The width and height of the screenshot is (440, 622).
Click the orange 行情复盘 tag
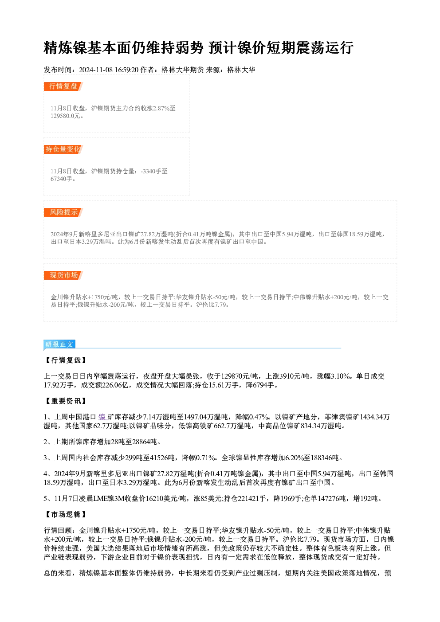(63, 86)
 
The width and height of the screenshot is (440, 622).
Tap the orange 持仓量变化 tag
(63, 149)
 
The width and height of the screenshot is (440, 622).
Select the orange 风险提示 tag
(63, 212)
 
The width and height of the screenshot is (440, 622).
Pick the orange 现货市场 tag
(63, 275)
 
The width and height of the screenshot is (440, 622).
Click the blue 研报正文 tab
(59, 344)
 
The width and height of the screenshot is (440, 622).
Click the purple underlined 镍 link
(102, 417)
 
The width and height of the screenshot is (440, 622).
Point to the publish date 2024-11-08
(96, 70)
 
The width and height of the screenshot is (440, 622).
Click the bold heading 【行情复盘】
(66, 360)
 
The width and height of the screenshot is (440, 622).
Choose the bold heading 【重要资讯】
(66, 401)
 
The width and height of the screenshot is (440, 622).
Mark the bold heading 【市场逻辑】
(66, 515)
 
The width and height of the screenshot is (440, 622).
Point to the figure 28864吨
(145, 442)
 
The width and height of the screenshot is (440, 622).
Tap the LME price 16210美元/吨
(166, 499)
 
